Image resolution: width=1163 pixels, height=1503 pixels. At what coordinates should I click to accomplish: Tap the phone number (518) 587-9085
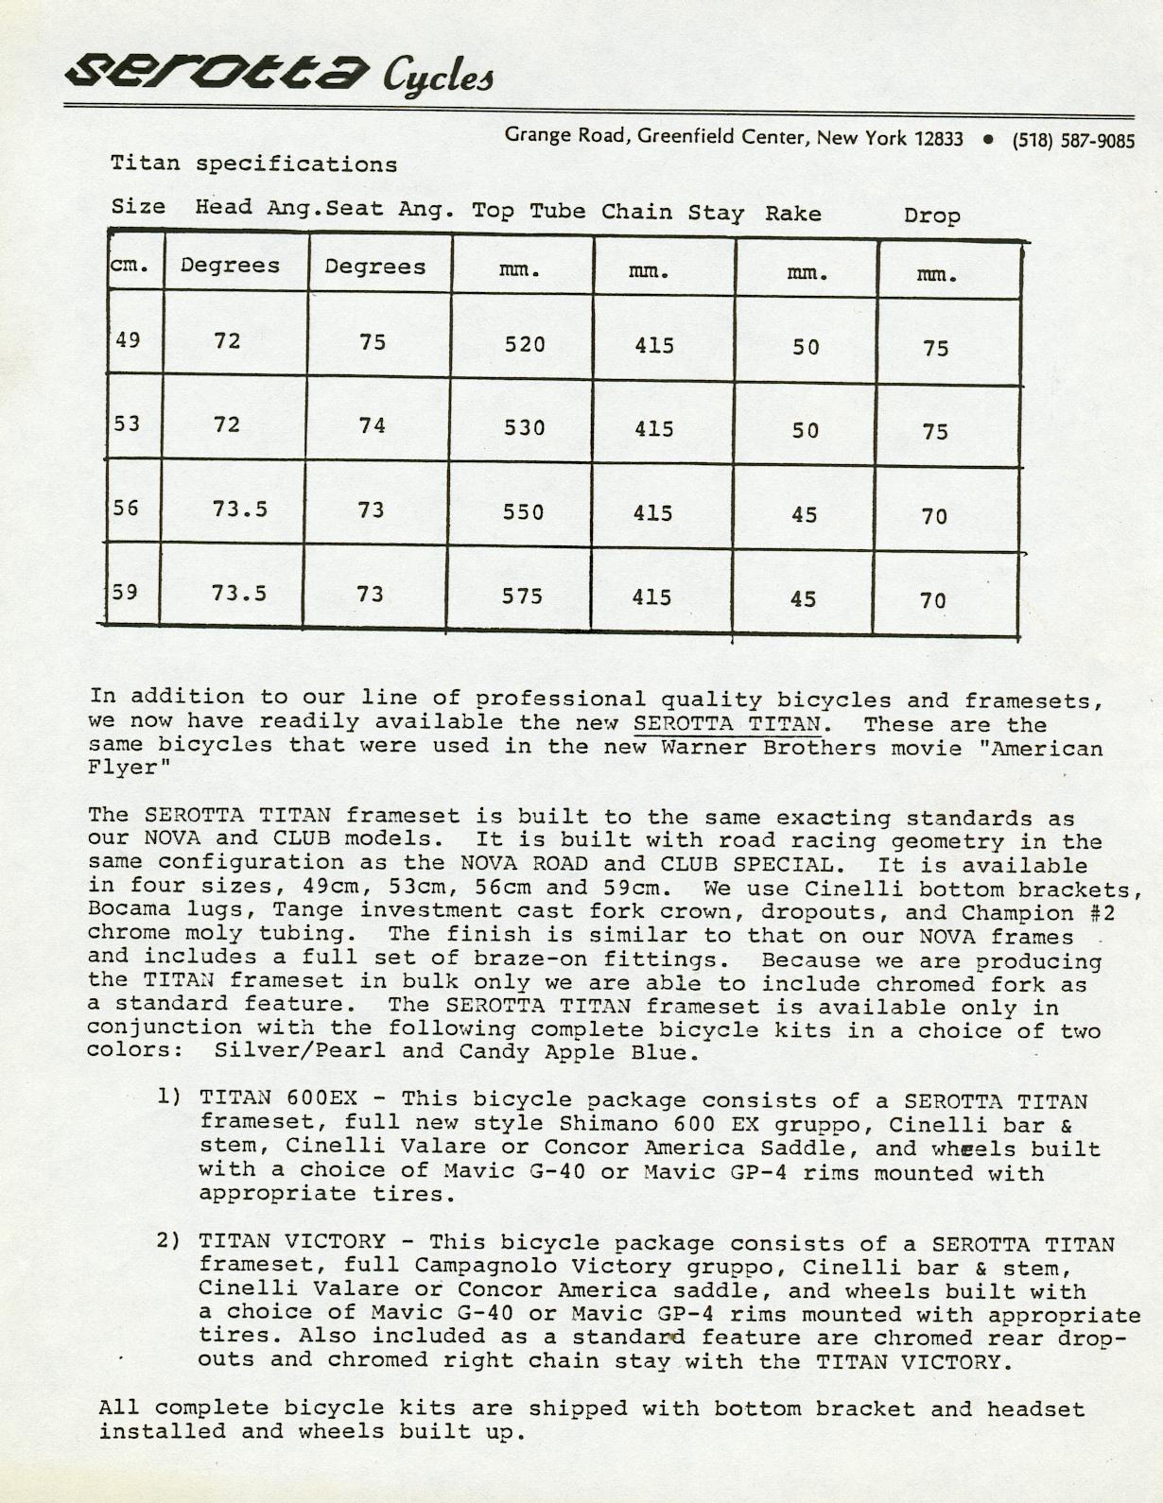point(1073,141)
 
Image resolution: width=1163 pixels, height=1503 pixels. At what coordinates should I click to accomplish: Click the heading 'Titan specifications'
point(253,164)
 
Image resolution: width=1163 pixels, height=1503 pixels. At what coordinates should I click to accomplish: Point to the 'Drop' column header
point(931,216)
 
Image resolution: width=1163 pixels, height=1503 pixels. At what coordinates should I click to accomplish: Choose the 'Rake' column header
point(793,214)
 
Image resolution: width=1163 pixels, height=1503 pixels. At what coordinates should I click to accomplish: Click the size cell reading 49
point(128,338)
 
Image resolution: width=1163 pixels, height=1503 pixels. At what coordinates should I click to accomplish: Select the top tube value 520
point(525,345)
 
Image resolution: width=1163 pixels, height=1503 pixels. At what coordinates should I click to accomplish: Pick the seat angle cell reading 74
point(373,426)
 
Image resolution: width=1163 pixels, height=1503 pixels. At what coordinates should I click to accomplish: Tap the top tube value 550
point(524,512)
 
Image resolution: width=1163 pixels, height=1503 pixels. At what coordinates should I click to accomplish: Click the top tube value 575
point(522,596)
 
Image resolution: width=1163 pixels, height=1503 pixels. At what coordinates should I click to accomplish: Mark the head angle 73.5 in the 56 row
point(239,510)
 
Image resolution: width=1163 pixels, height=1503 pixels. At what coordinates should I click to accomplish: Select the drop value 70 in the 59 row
point(933,601)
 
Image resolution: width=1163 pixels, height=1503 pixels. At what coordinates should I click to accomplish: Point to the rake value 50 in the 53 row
point(806,431)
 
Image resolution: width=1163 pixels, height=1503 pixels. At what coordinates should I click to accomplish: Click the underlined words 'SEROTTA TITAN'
point(726,724)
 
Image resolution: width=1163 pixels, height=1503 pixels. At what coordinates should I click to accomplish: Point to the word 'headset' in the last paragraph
point(1035,1409)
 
